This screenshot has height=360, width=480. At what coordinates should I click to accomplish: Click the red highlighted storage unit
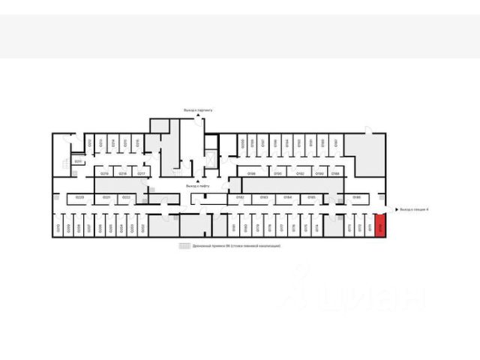tap(380, 226)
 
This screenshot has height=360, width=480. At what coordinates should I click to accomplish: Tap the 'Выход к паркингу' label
tap(199, 110)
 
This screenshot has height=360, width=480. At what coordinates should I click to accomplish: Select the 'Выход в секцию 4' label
tap(414, 210)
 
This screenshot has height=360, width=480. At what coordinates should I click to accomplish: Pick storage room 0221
tap(107, 198)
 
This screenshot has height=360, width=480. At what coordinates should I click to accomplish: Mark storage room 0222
tap(127, 198)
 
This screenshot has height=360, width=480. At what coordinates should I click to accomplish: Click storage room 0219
tap(105, 173)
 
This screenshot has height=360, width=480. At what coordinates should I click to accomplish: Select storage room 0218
tap(123, 173)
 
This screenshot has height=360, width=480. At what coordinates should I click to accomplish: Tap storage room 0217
tap(140, 173)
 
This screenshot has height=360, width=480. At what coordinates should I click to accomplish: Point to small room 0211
tap(77, 161)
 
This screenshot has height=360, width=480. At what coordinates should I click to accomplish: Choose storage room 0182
tap(241, 198)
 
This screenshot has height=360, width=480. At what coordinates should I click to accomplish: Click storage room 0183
tap(265, 198)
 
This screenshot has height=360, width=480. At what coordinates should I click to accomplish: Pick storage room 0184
tap(288, 198)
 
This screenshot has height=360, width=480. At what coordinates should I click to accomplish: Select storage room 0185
tap(311, 198)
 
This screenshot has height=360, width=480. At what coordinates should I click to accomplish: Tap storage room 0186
tap(357, 198)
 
